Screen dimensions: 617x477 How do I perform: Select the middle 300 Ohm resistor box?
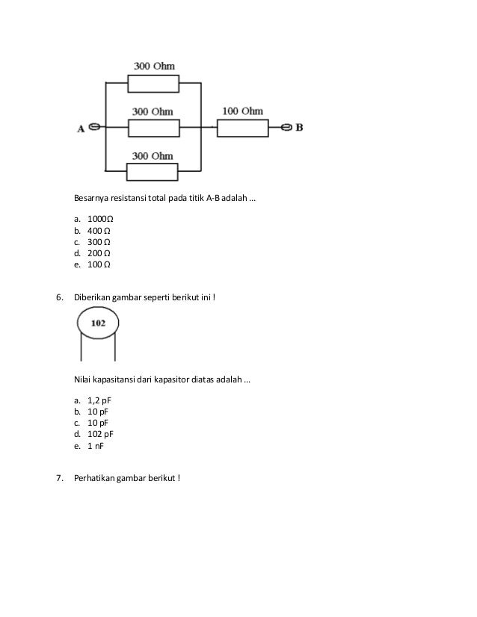[x=153, y=128]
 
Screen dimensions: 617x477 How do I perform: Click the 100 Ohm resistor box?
[x=242, y=128]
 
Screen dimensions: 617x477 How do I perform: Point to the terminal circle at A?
[x=95, y=128]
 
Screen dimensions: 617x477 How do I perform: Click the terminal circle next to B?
[x=285, y=128]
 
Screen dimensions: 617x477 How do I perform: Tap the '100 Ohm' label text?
[x=242, y=111]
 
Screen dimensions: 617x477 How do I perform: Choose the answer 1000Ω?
[x=100, y=220]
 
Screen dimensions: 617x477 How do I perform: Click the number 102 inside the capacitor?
[x=98, y=323]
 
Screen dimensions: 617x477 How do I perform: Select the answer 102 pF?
[x=100, y=434]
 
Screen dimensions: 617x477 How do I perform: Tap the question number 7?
[x=61, y=479]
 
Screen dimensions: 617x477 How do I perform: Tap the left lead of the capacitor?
[x=81, y=347]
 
